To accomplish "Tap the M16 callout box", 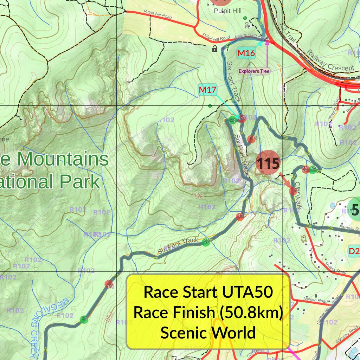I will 246,53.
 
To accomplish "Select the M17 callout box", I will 207,90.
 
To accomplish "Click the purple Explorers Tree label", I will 254,71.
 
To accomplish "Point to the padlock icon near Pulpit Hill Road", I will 215,49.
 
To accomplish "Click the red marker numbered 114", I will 252,139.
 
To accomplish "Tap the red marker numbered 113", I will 241,216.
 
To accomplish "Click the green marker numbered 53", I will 232,120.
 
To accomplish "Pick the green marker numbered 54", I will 313,170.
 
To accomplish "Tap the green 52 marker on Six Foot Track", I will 206,242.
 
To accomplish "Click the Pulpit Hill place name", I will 227,11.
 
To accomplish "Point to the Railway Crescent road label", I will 330,60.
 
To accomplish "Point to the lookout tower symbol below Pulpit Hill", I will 246,25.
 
